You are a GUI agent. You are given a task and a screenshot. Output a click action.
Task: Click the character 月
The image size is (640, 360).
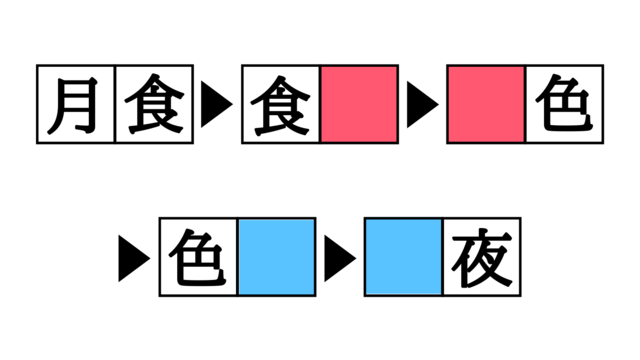[77, 105]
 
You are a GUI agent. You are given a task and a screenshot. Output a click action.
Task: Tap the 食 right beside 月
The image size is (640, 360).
[155, 105]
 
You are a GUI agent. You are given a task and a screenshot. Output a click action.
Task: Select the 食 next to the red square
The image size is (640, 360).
[281, 105]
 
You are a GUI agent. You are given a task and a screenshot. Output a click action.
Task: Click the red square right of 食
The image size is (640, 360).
[359, 105]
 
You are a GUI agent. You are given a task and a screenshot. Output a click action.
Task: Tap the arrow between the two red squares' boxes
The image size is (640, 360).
[423, 105]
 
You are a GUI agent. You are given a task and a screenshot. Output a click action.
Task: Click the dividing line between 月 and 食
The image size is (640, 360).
[116, 105]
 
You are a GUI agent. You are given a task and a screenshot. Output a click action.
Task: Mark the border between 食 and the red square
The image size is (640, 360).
[320, 105]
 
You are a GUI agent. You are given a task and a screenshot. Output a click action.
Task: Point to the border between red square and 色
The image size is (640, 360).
[525, 105]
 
